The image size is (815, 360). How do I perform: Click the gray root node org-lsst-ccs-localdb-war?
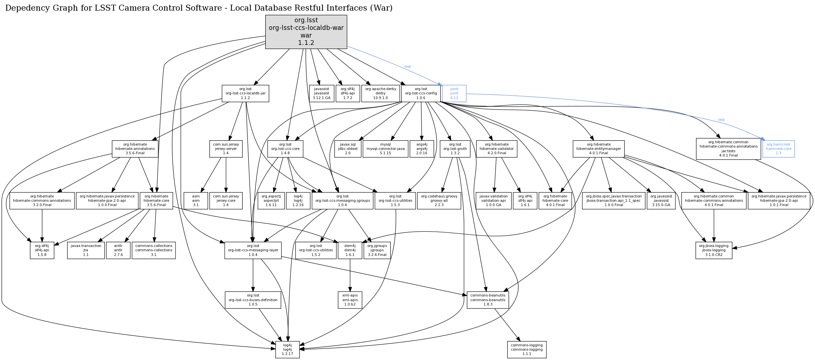[306, 32]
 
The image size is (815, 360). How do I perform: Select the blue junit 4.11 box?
[454, 93]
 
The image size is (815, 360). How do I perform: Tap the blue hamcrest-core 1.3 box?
[778, 149]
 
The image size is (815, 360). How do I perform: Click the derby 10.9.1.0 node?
[381, 93]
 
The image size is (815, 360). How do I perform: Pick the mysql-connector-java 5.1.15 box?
[386, 149]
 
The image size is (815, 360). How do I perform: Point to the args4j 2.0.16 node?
[422, 149]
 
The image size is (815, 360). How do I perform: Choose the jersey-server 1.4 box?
[226, 149]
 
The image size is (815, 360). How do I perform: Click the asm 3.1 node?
[196, 201]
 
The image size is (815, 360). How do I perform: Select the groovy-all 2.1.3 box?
[439, 201]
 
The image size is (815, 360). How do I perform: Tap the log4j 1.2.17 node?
[287, 350]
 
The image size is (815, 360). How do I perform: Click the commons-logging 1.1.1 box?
[526, 350]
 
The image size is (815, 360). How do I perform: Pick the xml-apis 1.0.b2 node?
[350, 300]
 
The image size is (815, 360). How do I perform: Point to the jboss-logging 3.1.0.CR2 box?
[714, 250]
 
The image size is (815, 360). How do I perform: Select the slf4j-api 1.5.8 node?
[42, 250]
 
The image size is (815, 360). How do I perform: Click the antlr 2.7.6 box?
[118, 250]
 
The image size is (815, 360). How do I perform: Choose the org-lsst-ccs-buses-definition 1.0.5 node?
[253, 300]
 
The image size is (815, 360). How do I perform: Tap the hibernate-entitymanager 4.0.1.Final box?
[598, 149]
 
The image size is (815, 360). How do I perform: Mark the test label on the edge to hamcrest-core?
[721, 120]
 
